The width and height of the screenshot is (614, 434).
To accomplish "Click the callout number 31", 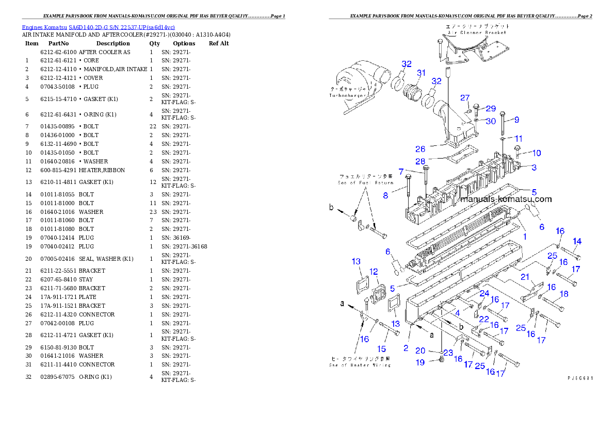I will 421,73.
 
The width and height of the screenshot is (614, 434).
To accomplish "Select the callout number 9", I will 516,120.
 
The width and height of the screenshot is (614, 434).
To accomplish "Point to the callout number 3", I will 534,168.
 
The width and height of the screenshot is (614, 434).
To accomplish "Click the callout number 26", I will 420,149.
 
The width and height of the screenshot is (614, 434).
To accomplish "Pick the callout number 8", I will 400,195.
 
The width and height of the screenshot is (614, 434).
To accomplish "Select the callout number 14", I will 577,241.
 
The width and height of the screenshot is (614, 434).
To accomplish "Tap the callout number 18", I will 564,294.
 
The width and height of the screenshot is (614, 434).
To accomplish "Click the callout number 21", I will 525,277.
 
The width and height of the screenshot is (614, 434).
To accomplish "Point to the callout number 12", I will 374,272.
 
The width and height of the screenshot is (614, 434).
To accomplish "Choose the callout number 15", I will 382,349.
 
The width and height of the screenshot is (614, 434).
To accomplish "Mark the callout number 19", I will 420,362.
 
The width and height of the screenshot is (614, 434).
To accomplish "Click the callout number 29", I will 490,108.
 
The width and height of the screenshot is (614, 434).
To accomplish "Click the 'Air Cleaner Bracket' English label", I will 477,32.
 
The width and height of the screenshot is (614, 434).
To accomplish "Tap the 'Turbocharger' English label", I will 348,96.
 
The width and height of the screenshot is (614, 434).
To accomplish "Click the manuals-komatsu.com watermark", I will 506,199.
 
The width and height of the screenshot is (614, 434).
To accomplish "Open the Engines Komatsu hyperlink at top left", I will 98,27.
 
